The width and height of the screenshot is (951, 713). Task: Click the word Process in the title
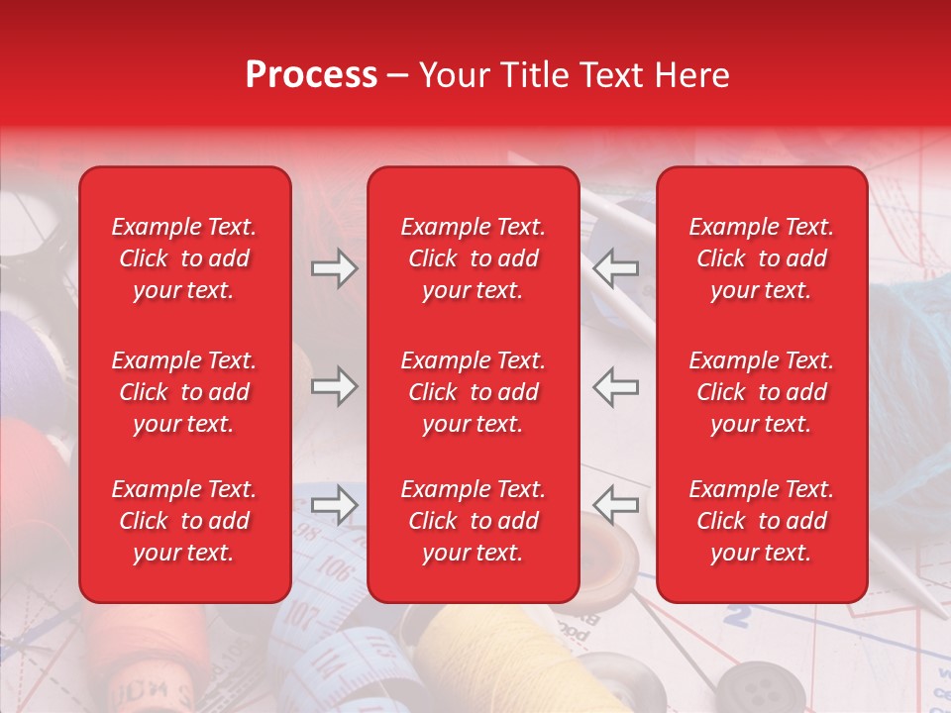[311, 75]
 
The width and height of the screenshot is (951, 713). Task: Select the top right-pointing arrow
[334, 268]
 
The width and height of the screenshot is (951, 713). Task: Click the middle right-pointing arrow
[334, 386]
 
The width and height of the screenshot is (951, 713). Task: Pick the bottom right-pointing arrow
[334, 504]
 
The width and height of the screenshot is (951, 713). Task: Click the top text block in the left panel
[184, 258]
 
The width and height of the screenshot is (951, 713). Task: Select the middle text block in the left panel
[184, 392]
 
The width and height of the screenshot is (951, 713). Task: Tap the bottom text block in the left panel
[184, 521]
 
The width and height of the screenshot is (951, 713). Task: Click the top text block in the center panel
[473, 258]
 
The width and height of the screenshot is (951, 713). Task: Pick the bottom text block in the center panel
[473, 521]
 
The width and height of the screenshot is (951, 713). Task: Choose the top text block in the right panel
[761, 258]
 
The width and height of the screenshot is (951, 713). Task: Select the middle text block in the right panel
[761, 392]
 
